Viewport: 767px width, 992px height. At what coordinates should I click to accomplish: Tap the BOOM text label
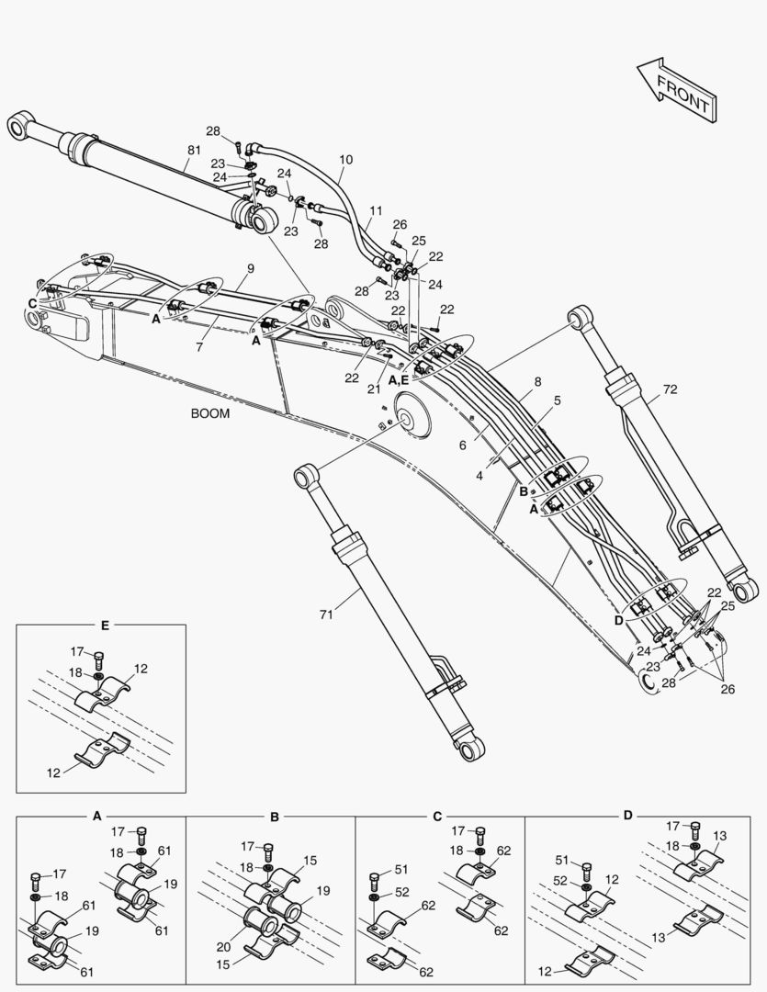210,413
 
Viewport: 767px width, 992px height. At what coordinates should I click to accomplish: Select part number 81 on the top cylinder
195,150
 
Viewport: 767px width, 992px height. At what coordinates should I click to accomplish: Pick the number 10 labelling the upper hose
345,159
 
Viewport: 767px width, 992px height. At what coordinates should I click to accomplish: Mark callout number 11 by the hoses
376,211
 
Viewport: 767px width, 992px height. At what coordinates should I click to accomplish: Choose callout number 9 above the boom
250,268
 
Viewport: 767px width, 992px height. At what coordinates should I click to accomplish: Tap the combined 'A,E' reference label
399,378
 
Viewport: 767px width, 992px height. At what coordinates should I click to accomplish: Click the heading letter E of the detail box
105,625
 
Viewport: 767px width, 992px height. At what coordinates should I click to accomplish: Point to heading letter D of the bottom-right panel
627,815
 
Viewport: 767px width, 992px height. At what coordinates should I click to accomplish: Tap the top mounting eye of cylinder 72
580,319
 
